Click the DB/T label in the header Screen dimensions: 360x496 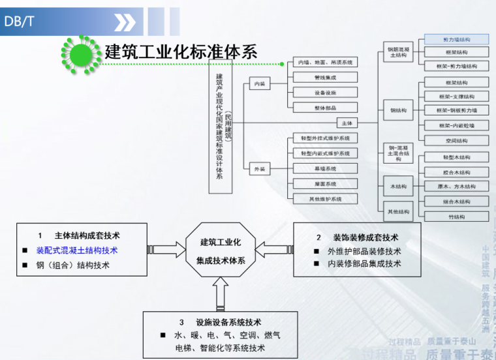[x=19, y=22]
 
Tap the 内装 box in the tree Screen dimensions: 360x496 [x=259, y=83]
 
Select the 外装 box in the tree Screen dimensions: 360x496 [x=259, y=169]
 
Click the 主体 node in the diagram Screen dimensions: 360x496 [x=346, y=123]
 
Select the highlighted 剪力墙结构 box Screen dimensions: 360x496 [x=456, y=40]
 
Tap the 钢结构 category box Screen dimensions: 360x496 [x=398, y=110]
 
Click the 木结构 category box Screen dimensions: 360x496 [x=398, y=187]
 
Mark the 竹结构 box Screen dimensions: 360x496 [x=456, y=217]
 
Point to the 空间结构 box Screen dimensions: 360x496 [x=456, y=141]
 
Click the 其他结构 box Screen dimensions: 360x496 [x=398, y=211]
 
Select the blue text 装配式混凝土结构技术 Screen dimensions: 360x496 [x=77, y=250]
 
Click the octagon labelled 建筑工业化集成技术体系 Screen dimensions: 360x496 [x=221, y=251]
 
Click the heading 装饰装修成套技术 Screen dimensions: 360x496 [x=365, y=237]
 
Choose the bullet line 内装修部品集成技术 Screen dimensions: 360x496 [x=364, y=263]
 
